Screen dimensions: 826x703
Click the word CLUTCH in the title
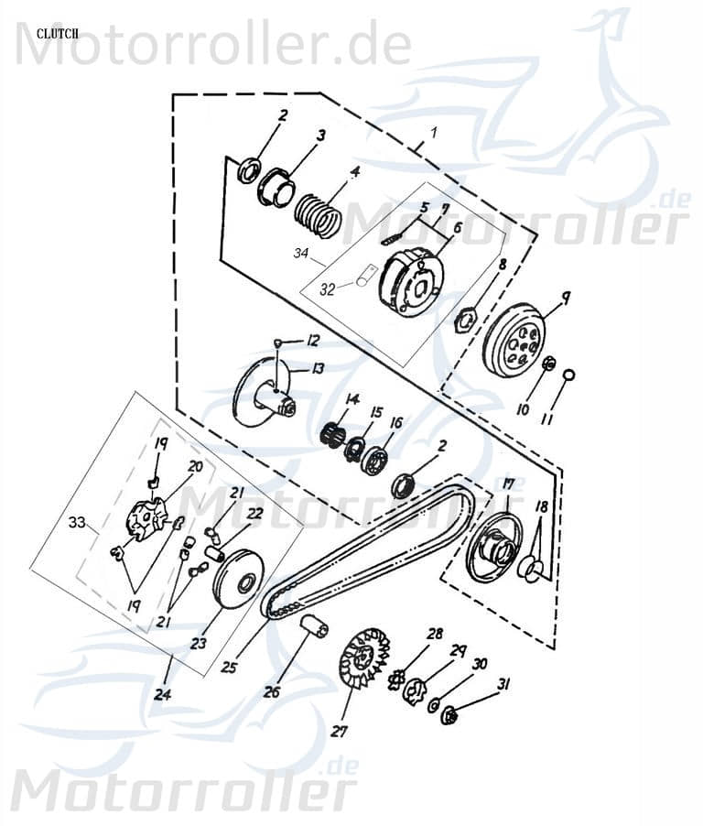[57, 33]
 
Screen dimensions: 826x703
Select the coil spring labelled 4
[318, 212]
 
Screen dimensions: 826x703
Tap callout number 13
[319, 368]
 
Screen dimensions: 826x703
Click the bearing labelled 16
[373, 458]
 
